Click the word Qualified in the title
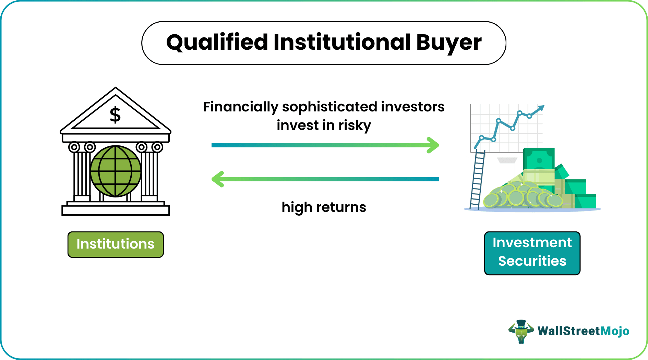217,43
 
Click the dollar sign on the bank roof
115,115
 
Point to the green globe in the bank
116,171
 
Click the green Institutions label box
116,244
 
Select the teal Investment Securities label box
532,253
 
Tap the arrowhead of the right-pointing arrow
434,145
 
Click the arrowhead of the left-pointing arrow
217,179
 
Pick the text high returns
324,207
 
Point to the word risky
355,125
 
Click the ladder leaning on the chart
477,180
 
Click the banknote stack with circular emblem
539,159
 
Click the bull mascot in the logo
521,331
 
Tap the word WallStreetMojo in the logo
583,331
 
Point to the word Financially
240,107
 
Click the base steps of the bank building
116,209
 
